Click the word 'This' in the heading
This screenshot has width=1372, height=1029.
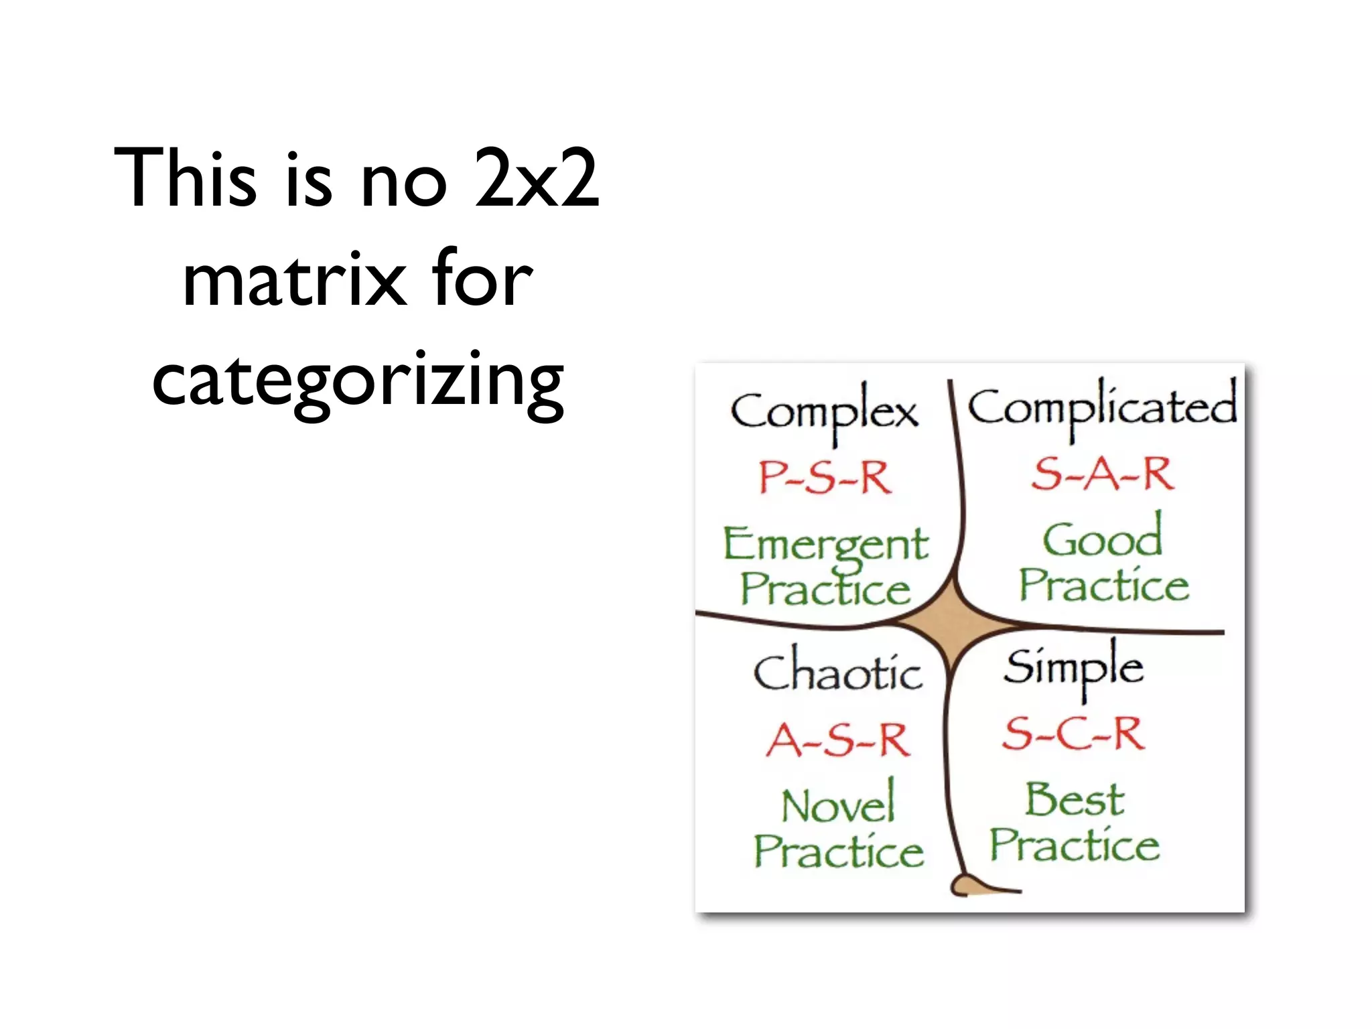[x=185, y=178]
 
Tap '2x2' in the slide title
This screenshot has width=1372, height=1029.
[x=536, y=178]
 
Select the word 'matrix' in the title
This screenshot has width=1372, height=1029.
[x=295, y=280]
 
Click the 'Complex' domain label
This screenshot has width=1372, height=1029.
[x=824, y=412]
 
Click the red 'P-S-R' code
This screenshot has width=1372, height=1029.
[x=825, y=477]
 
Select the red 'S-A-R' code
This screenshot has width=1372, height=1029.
[x=1103, y=474]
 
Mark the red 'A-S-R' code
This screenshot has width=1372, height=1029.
[x=838, y=740]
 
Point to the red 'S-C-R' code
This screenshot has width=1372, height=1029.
[x=1073, y=734]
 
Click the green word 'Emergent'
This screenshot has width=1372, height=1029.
[x=825, y=544]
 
